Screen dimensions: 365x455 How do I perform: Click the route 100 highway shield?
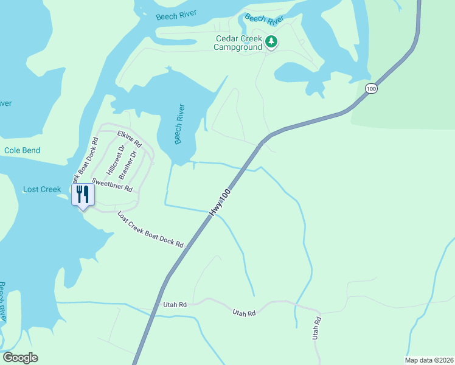[370, 89]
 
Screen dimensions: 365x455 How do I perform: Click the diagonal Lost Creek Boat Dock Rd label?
[150, 229]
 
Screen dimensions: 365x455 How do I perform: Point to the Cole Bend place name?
[22, 150]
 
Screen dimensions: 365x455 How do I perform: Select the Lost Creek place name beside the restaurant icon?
[42, 189]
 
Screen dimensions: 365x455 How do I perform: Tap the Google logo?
[20, 358]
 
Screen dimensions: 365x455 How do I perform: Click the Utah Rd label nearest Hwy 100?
[174, 304]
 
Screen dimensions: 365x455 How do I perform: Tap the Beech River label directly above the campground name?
[265, 19]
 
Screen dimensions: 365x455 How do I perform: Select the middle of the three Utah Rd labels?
[243, 312]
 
